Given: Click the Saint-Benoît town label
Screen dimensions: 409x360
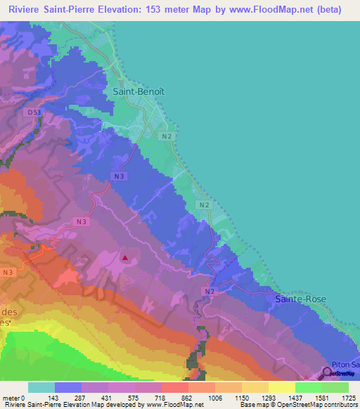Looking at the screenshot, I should coord(139,91).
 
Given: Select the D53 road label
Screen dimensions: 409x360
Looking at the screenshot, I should coord(34,112).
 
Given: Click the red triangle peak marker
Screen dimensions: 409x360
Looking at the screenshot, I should coord(125,257).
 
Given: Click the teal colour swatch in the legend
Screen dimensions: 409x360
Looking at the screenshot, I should coord(41,387).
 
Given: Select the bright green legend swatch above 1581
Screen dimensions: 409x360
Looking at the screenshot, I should coord(309,387).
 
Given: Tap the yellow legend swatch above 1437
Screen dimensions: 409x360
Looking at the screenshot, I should coord(282,387).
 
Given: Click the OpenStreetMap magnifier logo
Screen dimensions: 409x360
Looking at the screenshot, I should coord(327,373).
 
